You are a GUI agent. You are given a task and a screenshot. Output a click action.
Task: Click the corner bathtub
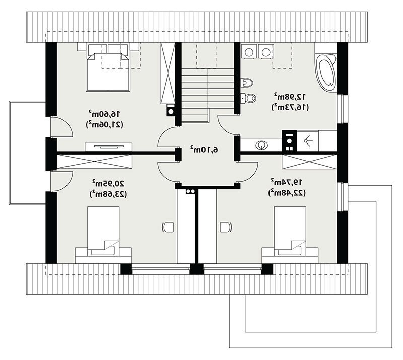click(326, 73)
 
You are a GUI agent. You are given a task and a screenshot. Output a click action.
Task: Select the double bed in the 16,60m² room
click(108, 67)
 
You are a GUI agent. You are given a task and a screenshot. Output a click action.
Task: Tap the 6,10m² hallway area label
click(205, 149)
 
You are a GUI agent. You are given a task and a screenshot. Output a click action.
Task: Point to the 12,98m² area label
click(290, 97)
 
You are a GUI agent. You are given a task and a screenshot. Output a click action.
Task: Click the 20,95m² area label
click(108, 183)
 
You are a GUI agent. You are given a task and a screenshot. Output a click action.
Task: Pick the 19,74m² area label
click(287, 182)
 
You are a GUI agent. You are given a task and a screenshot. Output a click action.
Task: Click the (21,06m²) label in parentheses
click(104, 124)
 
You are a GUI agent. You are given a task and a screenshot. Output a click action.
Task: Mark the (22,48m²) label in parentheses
click(287, 193)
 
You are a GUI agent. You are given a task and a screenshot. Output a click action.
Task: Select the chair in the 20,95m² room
click(168, 227)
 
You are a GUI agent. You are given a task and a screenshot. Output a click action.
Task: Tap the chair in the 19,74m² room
click(226, 227)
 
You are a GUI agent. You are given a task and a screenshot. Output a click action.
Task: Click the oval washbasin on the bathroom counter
click(261, 145)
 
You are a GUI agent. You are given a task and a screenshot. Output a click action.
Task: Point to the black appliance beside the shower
click(289, 141)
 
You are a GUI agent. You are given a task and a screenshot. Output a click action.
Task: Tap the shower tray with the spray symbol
click(308, 141)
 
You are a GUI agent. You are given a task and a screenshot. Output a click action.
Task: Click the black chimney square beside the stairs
click(170, 111)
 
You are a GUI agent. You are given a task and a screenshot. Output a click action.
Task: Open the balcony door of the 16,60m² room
click(61, 127)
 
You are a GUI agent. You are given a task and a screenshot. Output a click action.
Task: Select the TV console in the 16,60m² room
click(108, 147)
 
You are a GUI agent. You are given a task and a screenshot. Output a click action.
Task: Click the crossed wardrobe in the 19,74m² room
click(309, 162)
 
